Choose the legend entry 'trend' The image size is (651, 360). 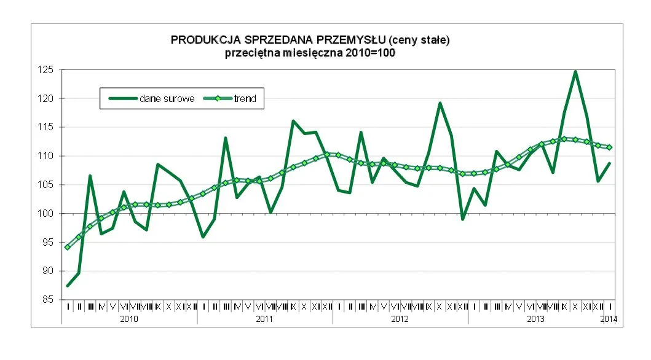click(x=245, y=98)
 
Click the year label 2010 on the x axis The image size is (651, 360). click(x=129, y=319)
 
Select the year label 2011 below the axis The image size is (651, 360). click(x=264, y=319)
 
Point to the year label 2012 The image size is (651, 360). click(x=400, y=319)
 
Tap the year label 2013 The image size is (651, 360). click(x=535, y=319)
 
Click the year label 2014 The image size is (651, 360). click(x=608, y=319)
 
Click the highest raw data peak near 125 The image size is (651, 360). click(x=575, y=71)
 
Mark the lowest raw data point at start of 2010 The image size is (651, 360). click(x=68, y=286)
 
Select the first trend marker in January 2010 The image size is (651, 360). click(x=68, y=247)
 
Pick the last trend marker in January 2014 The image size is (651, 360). click(x=609, y=147)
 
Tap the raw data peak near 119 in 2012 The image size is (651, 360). click(x=440, y=103)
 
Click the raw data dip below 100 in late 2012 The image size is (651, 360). click(x=463, y=219)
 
